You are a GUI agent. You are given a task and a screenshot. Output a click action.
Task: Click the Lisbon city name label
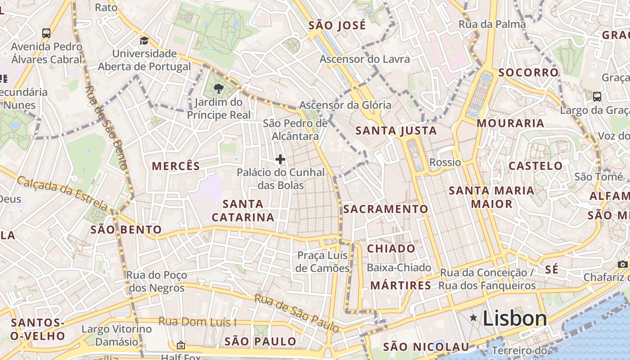514,318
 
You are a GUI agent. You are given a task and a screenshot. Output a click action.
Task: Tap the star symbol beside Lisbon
473,318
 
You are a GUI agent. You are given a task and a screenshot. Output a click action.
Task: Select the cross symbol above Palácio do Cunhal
280,159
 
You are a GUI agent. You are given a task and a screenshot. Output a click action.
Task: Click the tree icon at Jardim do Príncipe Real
219,88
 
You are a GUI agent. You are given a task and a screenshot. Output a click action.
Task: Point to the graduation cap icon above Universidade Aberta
144,41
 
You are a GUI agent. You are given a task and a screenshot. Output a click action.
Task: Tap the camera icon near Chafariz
622,264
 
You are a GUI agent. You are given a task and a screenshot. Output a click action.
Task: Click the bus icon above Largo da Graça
597,96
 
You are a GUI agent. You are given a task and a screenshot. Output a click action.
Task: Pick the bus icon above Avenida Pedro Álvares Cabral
46,33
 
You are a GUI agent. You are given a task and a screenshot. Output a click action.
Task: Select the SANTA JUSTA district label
396,131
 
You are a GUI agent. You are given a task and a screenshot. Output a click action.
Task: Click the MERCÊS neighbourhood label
176,166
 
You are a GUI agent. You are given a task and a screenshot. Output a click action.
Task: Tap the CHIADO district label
391,248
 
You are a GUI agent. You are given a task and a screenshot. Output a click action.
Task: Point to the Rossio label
445,162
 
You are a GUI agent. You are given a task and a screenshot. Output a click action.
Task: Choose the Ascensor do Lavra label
364,59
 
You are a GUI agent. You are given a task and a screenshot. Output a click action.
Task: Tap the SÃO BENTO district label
126,230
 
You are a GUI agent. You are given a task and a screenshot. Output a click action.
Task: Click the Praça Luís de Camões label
323,261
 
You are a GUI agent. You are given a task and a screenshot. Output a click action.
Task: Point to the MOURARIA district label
510,123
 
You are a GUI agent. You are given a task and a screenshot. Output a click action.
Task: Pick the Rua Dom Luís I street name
197,322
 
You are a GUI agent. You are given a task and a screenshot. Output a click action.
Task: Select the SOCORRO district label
528,72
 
